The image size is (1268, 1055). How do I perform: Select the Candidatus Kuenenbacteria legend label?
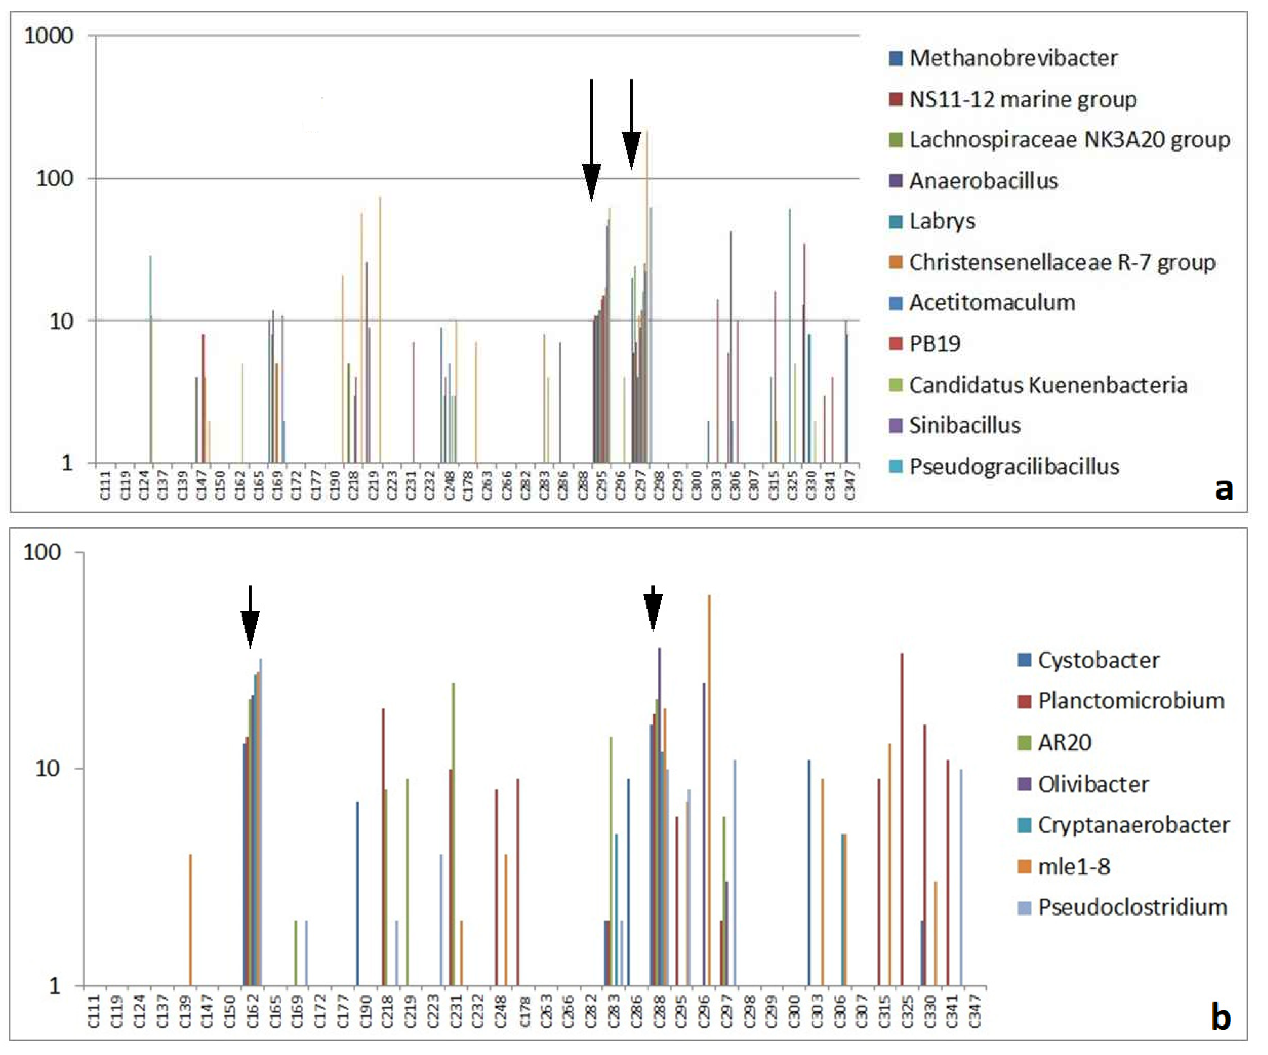[x=1048, y=385]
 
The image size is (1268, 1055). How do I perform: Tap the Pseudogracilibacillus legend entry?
[x=1014, y=466]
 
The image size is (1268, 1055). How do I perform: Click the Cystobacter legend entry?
[x=1098, y=660]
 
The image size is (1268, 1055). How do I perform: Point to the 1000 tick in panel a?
[x=48, y=35]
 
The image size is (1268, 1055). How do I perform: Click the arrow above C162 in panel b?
[x=250, y=616]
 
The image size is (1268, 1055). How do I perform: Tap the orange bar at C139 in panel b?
[x=190, y=918]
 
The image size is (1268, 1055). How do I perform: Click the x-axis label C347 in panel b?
[x=974, y=1010]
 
